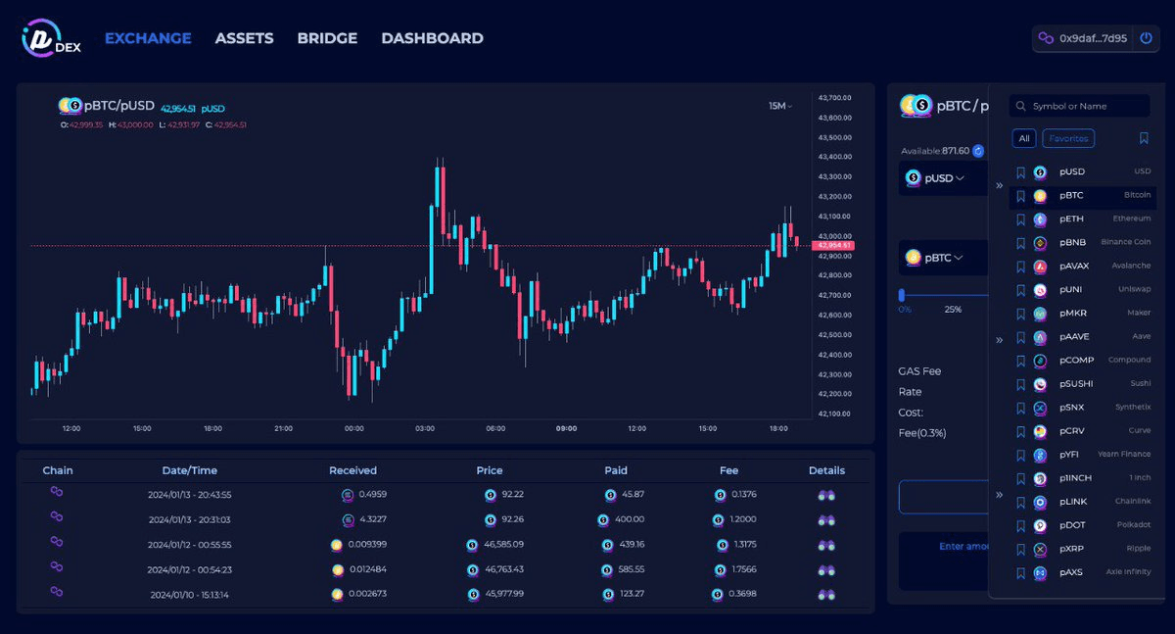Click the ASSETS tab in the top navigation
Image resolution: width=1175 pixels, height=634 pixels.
click(x=244, y=38)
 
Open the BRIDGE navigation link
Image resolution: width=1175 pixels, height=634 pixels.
click(x=327, y=38)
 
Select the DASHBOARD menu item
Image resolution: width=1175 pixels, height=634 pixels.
click(x=432, y=38)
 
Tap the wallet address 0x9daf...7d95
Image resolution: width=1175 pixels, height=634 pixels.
click(x=1093, y=38)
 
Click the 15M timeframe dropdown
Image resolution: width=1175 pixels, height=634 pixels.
click(x=780, y=106)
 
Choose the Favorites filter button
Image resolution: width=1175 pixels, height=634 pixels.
click(x=1068, y=138)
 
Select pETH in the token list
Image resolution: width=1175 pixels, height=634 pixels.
click(x=1071, y=219)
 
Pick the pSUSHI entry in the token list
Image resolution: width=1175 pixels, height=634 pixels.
click(x=1075, y=384)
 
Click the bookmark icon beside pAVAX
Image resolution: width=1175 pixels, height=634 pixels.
click(x=1020, y=267)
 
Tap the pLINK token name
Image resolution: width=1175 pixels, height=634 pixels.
click(x=1072, y=502)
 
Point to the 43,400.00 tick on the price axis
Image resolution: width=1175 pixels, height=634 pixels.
click(x=834, y=157)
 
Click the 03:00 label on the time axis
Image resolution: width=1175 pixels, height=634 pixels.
click(x=425, y=428)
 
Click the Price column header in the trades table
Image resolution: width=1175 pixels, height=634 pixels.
click(x=490, y=470)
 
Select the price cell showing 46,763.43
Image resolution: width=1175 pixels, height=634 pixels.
click(x=501, y=569)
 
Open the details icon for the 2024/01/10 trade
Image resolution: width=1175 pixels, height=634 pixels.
click(x=826, y=594)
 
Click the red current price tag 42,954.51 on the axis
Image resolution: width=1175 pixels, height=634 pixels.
click(x=834, y=245)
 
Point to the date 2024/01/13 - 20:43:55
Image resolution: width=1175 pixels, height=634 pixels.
click(x=190, y=495)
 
